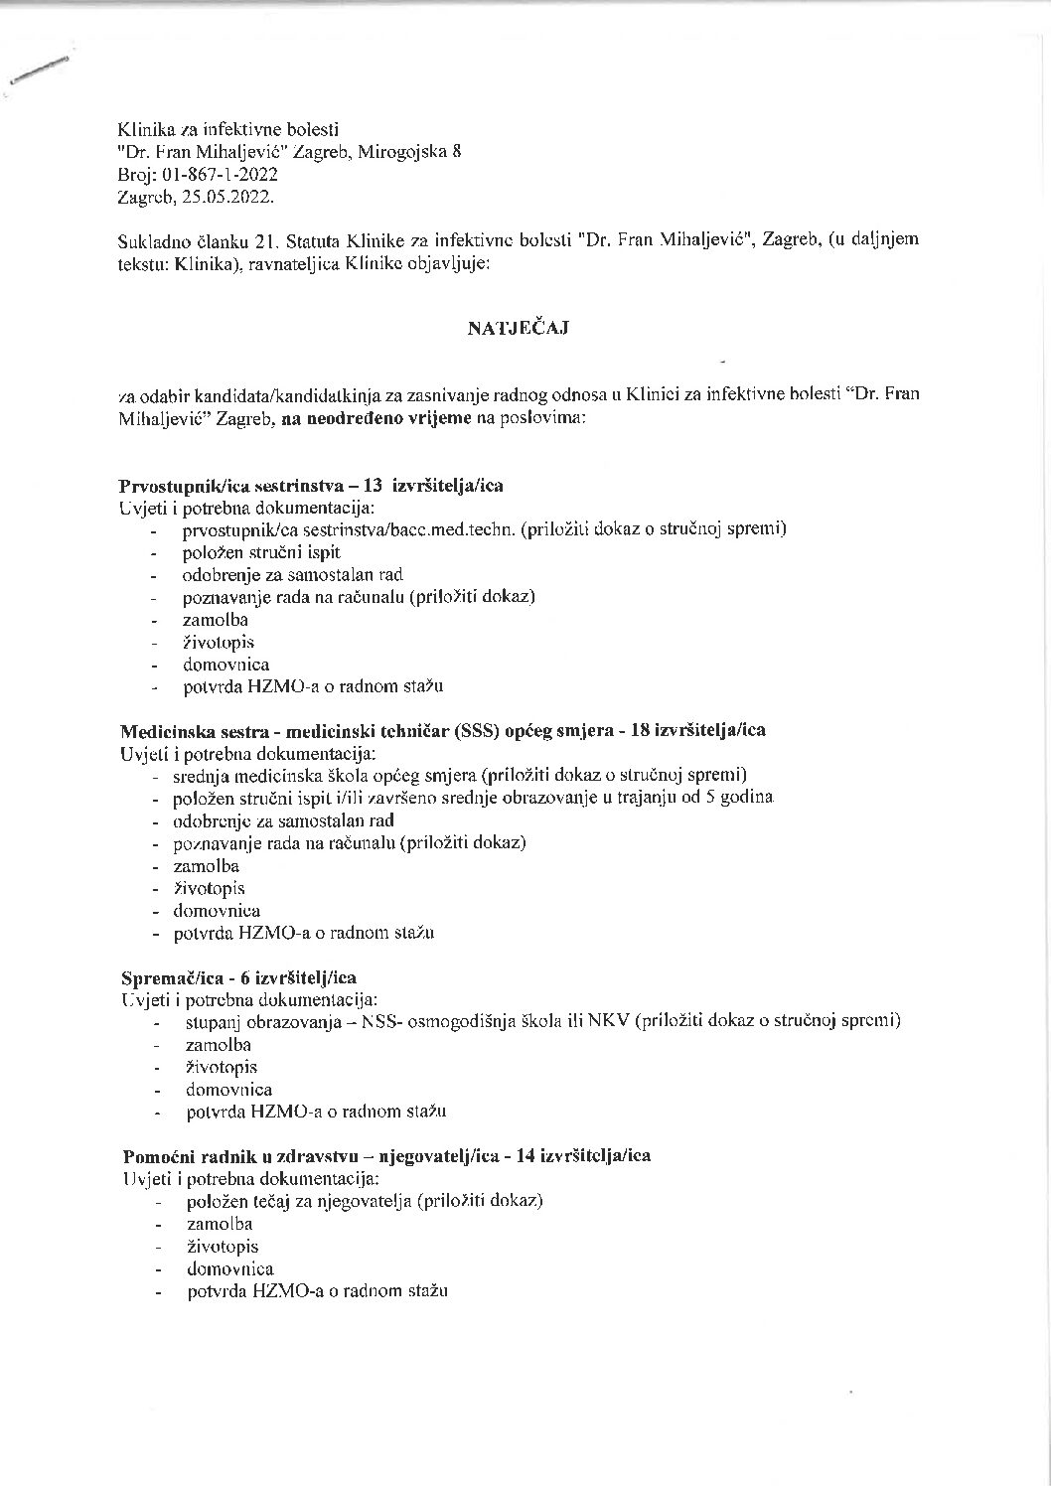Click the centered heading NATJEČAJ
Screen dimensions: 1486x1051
518,330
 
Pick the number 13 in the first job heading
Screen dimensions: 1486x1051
374,486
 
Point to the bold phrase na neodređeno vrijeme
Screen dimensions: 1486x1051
377,419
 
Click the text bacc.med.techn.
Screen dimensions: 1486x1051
457,529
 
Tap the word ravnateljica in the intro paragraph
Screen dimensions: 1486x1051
279,263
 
